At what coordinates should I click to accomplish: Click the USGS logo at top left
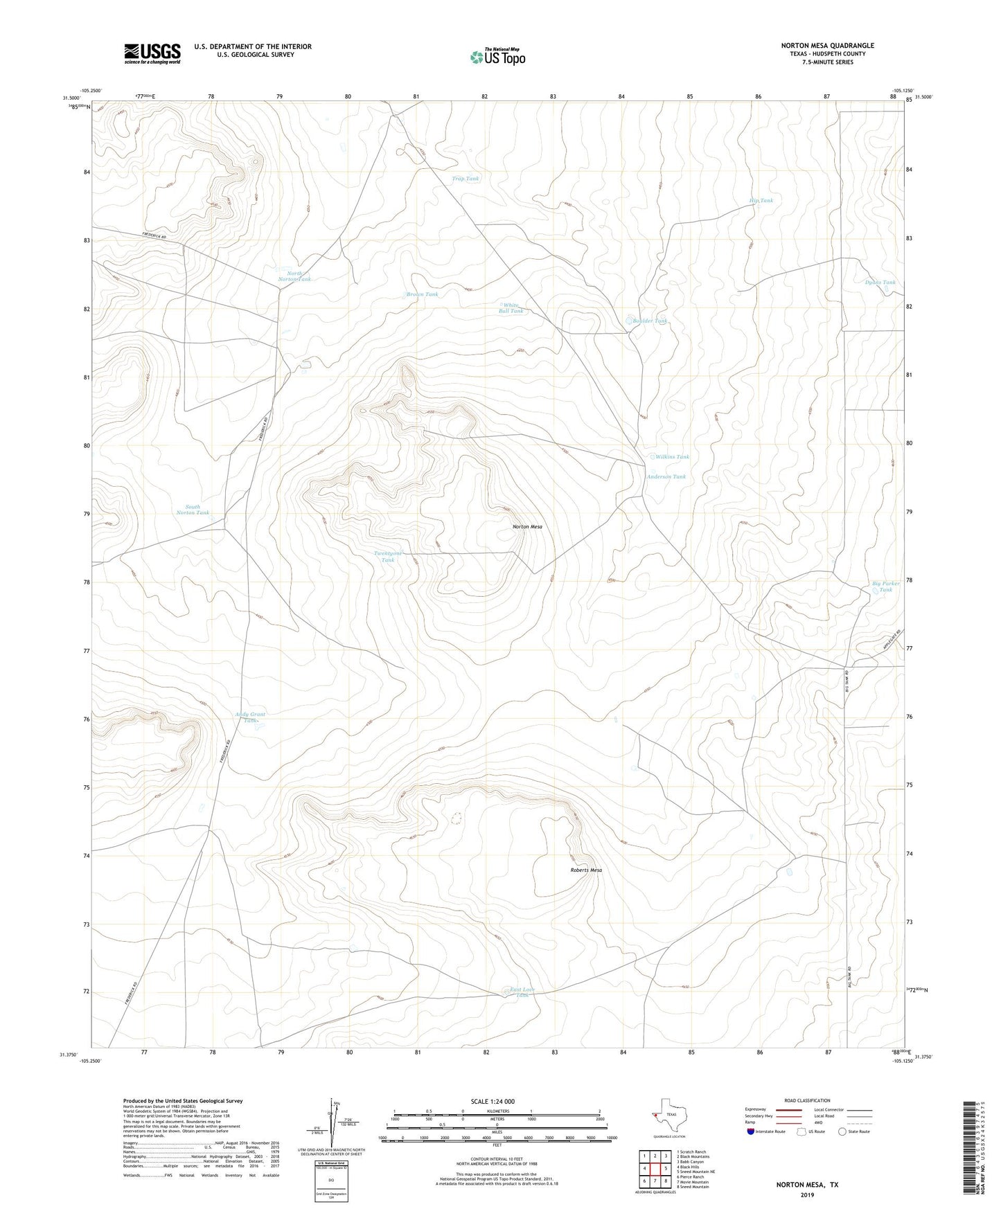click(152, 53)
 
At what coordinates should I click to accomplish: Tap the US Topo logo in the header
click(497, 57)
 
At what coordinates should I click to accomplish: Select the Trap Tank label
click(465, 179)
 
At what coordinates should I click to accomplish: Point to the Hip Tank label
click(761, 201)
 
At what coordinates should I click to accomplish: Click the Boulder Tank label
click(650, 321)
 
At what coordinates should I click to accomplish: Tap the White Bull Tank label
click(511, 308)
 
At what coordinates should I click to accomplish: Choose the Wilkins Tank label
click(672, 457)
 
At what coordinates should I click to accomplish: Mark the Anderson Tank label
click(666, 477)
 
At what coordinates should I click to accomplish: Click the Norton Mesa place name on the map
click(527, 527)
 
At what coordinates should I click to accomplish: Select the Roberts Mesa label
click(586, 870)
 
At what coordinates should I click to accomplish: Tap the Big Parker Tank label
click(885, 586)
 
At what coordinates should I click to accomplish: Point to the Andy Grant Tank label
click(250, 717)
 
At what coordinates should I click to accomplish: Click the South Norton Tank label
click(193, 510)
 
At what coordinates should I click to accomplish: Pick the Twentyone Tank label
click(388, 556)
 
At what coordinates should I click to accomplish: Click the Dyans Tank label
click(880, 283)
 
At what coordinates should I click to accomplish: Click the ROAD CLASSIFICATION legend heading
click(806, 1101)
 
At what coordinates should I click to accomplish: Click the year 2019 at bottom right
click(806, 1195)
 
